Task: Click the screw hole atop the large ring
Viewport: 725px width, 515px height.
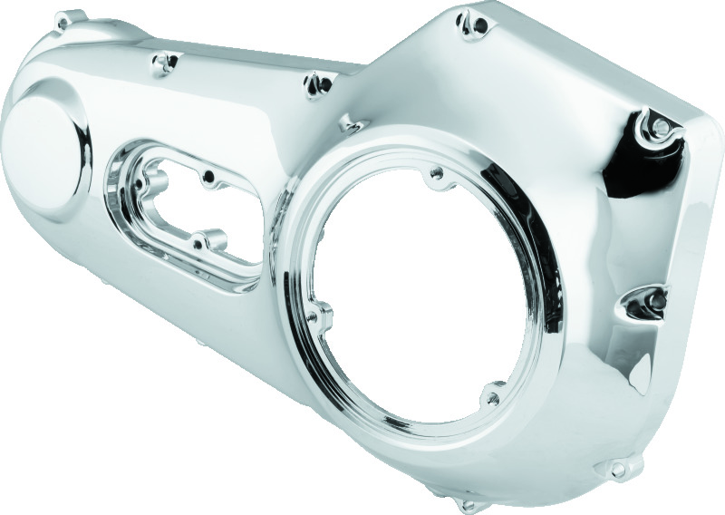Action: click(438, 171)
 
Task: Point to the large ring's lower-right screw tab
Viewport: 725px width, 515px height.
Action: click(493, 394)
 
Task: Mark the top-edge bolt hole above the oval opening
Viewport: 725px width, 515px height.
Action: click(165, 61)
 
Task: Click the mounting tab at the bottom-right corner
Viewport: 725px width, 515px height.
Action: click(619, 469)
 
